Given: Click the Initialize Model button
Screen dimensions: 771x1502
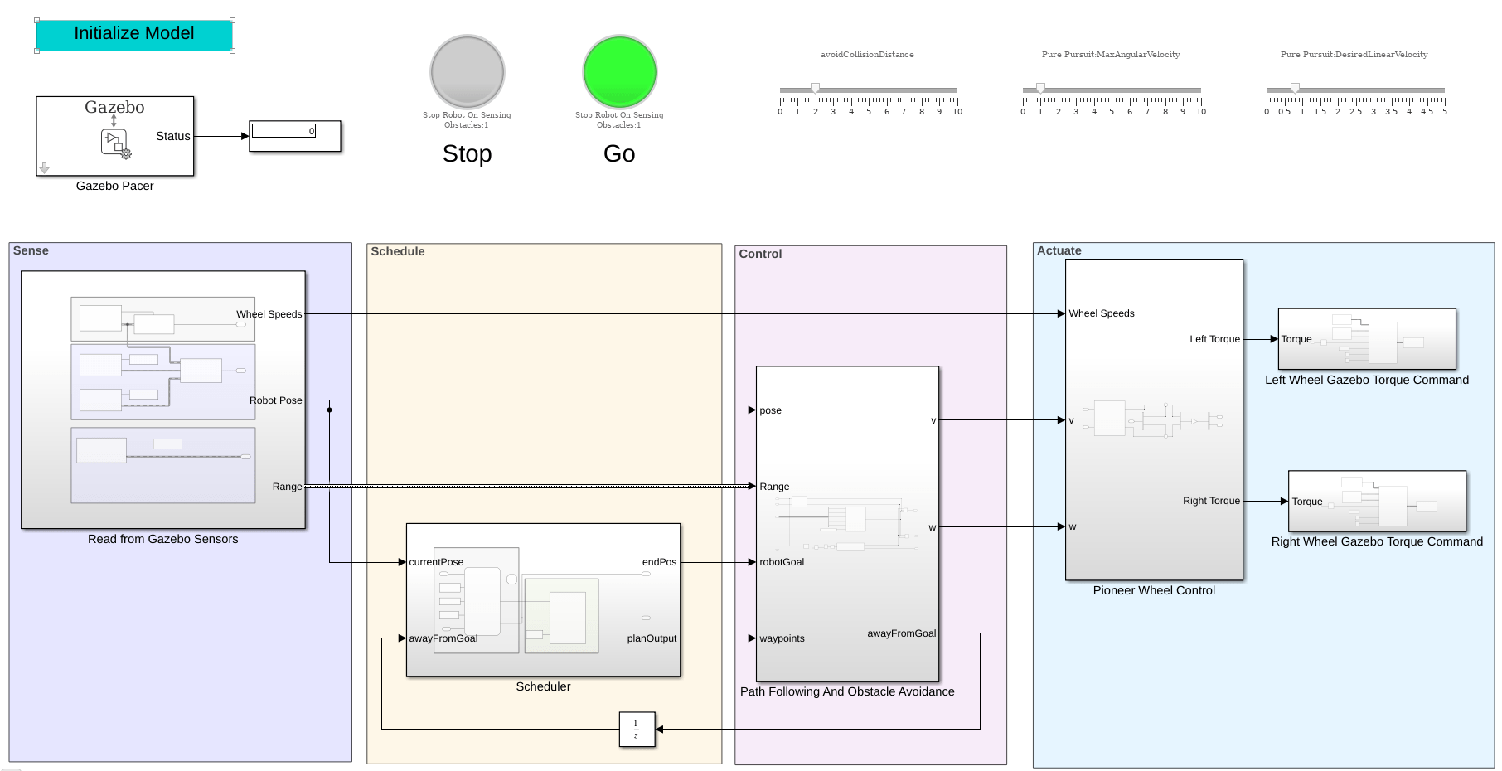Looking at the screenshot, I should click(x=134, y=35).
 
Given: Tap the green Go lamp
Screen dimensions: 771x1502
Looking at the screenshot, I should click(x=619, y=72).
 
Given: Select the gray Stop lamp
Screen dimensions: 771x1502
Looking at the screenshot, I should click(x=468, y=72).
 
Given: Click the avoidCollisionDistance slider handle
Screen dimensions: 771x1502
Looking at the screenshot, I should click(x=816, y=88).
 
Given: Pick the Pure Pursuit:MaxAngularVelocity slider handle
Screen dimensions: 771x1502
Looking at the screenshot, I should click(x=1040, y=88).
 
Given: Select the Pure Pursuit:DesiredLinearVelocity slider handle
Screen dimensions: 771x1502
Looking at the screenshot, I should click(x=1295, y=88).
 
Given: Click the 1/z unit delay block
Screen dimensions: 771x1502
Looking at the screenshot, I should click(x=637, y=730).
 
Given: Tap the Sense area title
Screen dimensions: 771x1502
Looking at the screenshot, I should click(x=31, y=250).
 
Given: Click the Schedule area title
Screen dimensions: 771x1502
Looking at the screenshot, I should click(x=398, y=251).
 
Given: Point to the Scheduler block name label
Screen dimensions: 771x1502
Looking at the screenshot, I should click(x=543, y=686).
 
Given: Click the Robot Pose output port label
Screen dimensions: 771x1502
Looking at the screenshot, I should click(x=275, y=400).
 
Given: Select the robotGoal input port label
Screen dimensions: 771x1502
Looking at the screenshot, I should click(x=782, y=562).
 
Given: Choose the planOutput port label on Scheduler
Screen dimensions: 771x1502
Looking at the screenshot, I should click(x=652, y=638).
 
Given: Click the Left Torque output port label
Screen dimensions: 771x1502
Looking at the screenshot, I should click(x=1214, y=339).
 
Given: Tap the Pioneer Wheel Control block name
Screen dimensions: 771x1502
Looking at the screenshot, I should click(x=1154, y=590).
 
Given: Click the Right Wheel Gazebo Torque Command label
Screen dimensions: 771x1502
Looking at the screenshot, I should click(x=1377, y=541).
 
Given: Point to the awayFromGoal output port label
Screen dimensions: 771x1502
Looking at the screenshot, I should click(x=901, y=633).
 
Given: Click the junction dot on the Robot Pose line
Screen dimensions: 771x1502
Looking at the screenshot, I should click(x=329, y=410).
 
